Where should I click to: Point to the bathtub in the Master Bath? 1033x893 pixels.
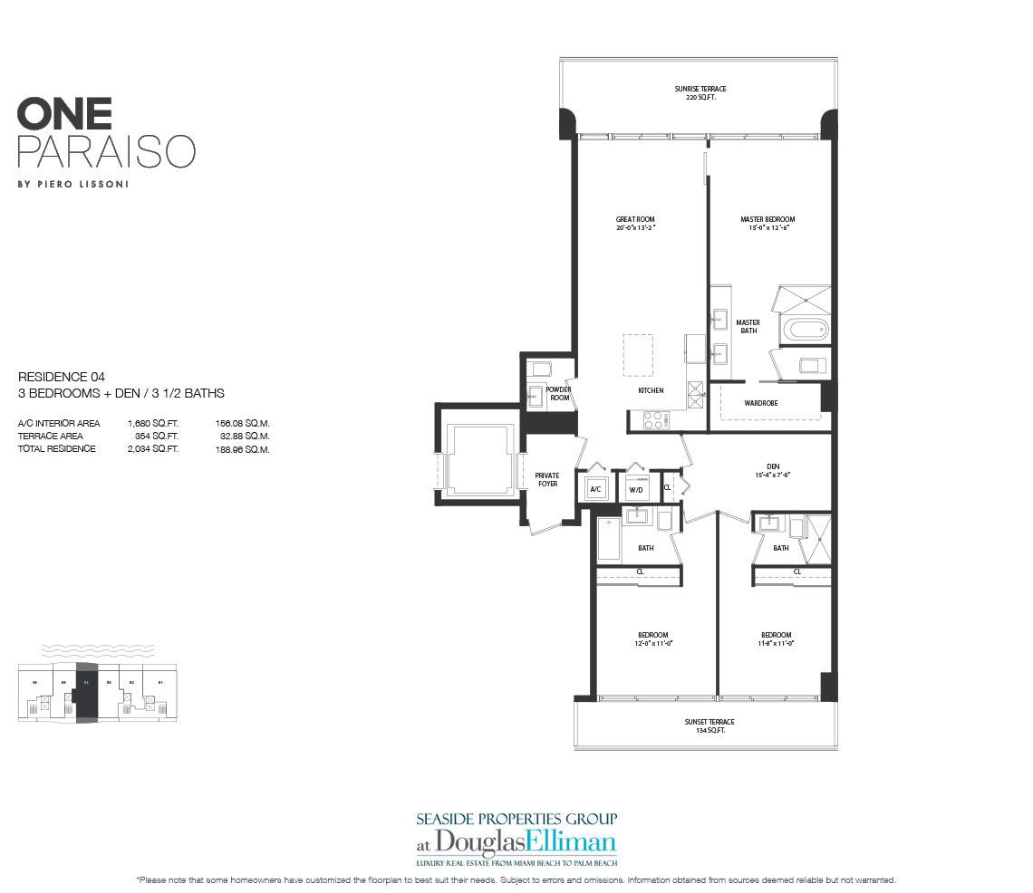[803, 327]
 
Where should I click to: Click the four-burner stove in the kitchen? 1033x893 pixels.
[654, 419]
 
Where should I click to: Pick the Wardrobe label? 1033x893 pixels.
[761, 402]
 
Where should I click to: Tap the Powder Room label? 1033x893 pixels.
[559, 394]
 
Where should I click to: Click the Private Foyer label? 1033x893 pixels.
[546, 479]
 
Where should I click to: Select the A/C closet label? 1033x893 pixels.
[595, 489]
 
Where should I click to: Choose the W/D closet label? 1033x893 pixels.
[635, 490]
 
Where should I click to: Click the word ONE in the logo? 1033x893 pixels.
[64, 113]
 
